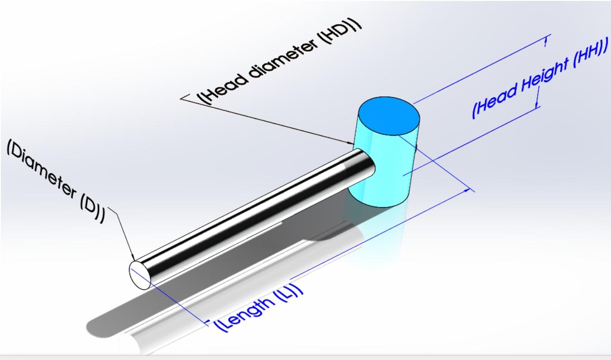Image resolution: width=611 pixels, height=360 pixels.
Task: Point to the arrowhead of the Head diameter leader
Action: coord(352,143)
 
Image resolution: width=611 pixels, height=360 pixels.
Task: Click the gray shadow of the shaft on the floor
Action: coord(136,312)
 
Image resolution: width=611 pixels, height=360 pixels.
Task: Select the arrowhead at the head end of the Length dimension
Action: coord(467,192)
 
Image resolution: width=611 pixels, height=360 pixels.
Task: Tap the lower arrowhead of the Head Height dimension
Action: coord(537,105)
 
